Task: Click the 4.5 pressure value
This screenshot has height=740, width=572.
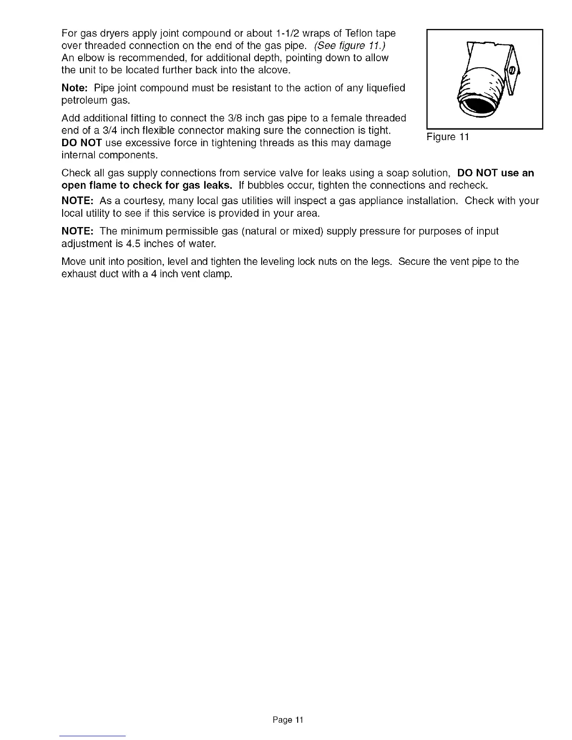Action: [x=122, y=244]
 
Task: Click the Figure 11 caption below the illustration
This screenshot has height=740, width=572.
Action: [x=447, y=137]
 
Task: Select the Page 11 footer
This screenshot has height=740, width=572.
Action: [x=288, y=720]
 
